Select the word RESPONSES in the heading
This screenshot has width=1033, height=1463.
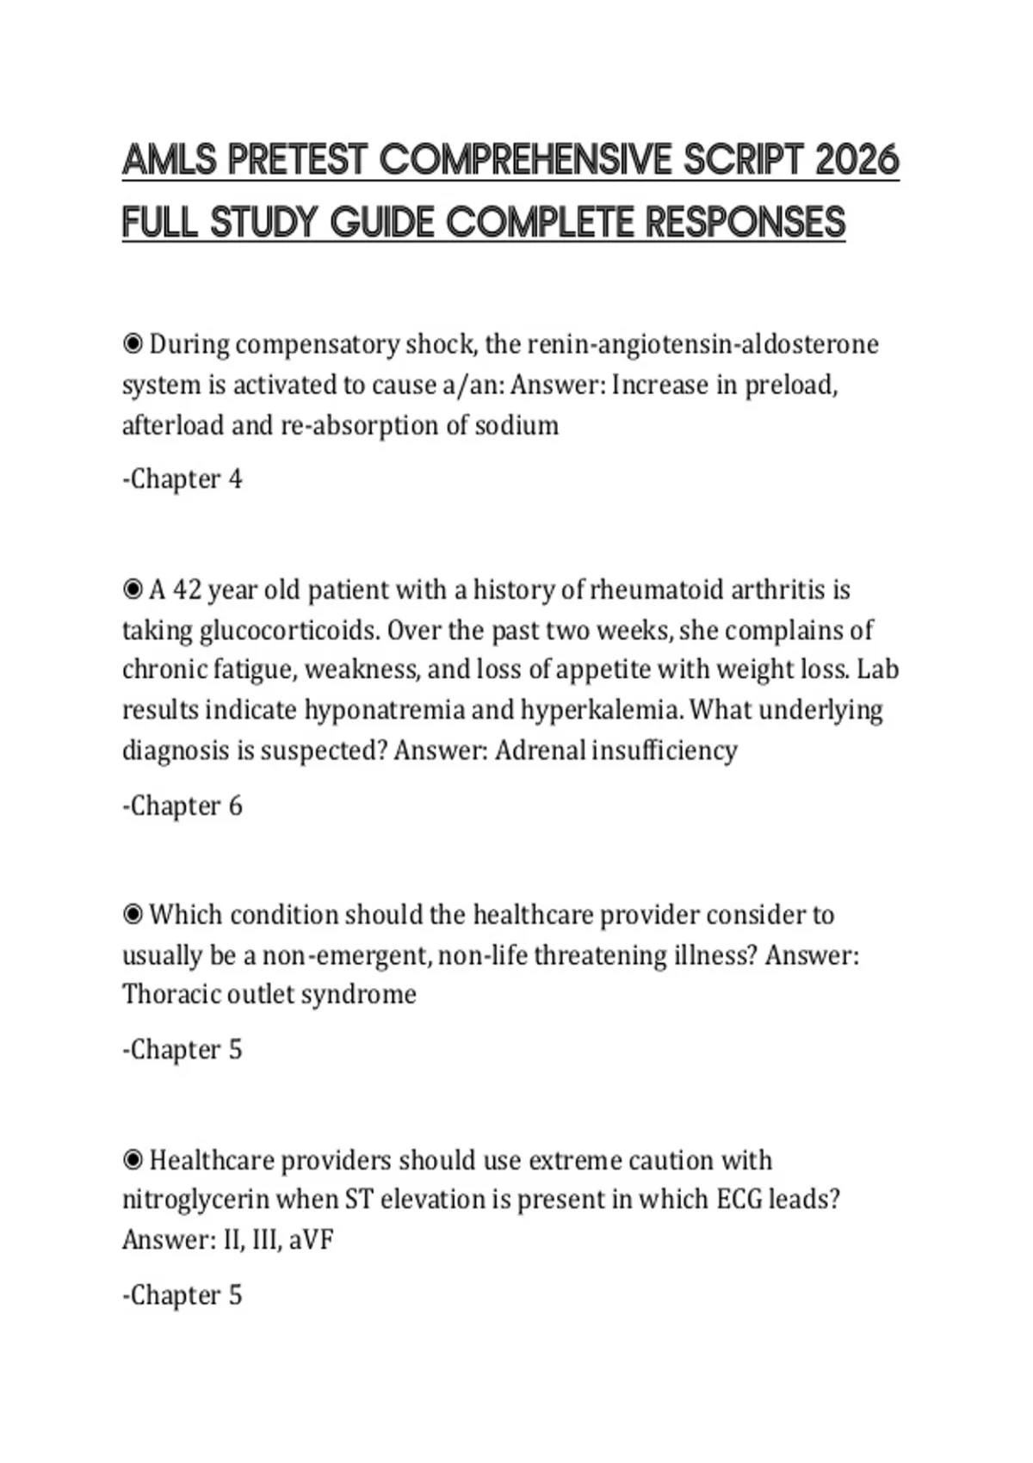[x=745, y=223]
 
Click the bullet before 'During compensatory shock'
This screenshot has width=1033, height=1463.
[x=133, y=345]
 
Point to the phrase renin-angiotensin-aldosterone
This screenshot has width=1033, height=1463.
[x=702, y=344]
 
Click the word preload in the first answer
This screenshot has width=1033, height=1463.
[x=790, y=385]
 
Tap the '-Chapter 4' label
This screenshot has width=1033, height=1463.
[x=182, y=479]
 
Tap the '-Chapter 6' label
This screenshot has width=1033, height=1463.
[x=182, y=806]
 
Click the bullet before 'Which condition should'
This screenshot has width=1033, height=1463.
[x=133, y=915]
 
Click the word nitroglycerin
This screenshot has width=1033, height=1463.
[x=195, y=1200]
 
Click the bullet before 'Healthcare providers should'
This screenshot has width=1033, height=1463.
[x=133, y=1161]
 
